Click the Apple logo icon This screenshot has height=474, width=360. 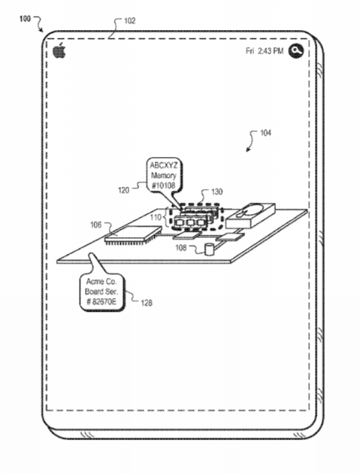click(x=59, y=50)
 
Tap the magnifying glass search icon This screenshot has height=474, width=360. click(x=295, y=50)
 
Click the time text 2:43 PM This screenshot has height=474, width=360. click(x=271, y=51)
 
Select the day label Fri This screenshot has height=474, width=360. click(x=250, y=51)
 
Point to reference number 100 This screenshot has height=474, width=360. click(x=25, y=19)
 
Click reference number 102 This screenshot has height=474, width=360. click(x=129, y=21)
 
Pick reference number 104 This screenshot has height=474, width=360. click(x=265, y=133)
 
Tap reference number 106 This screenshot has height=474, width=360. click(x=96, y=225)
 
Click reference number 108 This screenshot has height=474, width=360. click(x=181, y=248)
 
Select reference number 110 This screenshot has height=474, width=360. click(x=156, y=217)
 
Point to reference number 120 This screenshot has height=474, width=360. click(x=123, y=190)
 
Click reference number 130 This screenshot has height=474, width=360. click(x=216, y=192)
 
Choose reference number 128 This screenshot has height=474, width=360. click(x=147, y=303)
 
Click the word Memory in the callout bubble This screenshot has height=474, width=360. click(x=163, y=175)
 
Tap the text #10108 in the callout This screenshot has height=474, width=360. click(x=163, y=186)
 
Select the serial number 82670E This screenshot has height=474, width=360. click(x=104, y=302)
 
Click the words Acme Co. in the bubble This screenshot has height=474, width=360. click(x=101, y=282)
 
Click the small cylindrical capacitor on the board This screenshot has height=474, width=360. click(x=209, y=249)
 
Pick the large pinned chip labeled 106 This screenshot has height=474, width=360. click(x=132, y=234)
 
